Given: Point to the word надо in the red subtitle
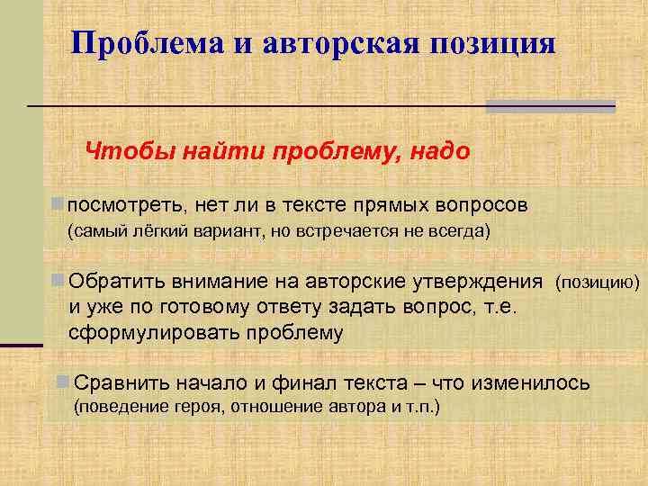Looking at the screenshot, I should point(439,151).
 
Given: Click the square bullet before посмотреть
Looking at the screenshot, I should point(58,202).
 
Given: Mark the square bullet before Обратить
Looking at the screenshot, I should point(58,281).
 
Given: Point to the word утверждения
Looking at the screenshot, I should point(478,282).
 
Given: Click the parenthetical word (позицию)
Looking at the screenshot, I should point(598,283).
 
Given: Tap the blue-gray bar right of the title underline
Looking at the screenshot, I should point(550,106).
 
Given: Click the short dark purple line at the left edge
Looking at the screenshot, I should point(22,344).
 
